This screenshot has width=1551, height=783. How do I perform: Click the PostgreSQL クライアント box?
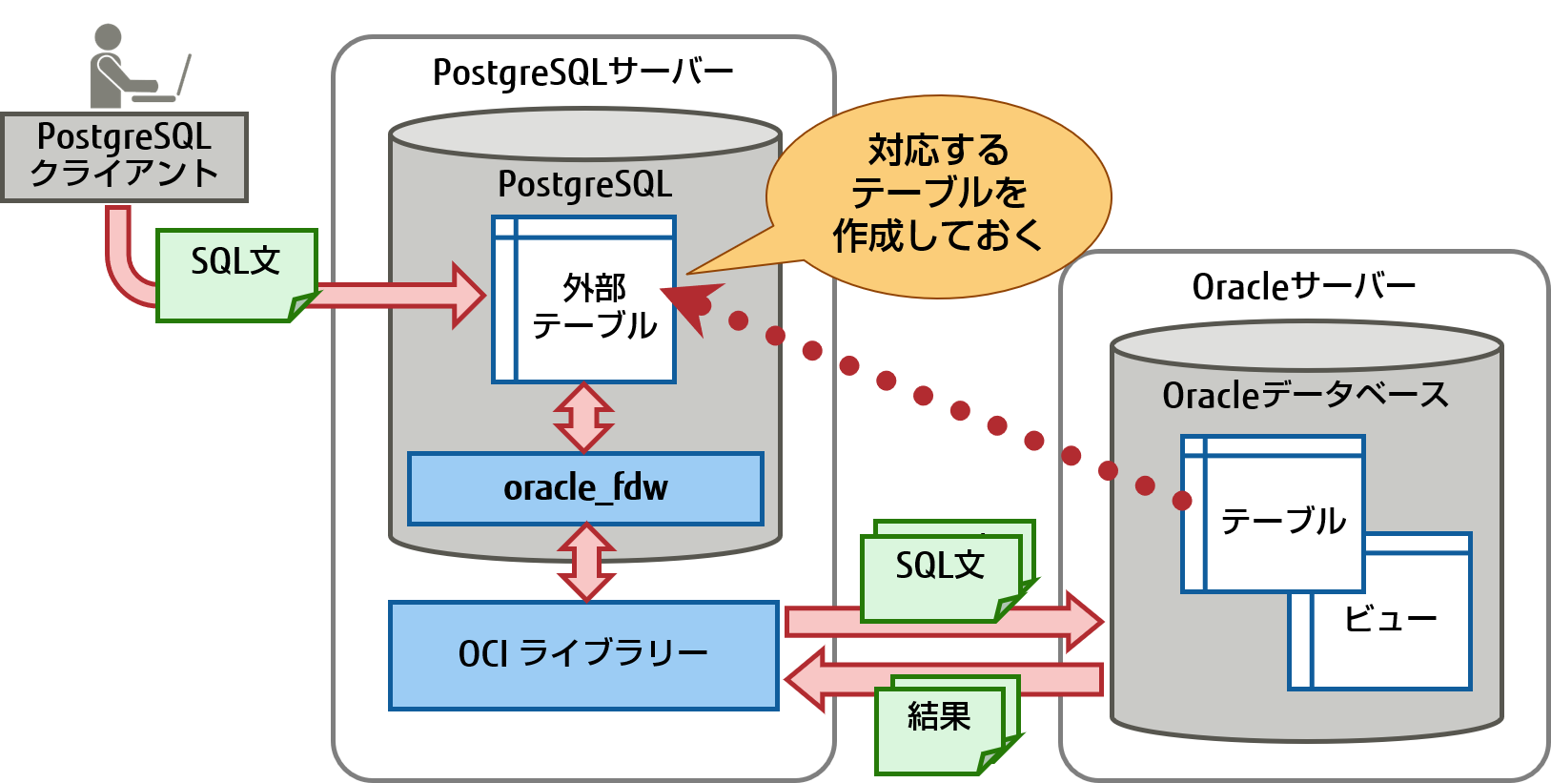[124, 156]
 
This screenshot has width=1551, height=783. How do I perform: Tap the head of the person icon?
[108, 37]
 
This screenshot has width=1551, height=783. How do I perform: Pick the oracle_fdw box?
[585, 488]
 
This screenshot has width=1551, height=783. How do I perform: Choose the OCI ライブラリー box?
[583, 654]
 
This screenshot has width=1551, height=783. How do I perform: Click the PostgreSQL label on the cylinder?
[584, 183]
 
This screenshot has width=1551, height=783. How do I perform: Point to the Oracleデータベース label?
[1304, 394]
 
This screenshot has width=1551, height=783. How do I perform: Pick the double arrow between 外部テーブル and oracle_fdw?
[583, 418]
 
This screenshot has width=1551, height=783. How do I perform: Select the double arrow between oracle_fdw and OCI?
[586, 563]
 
